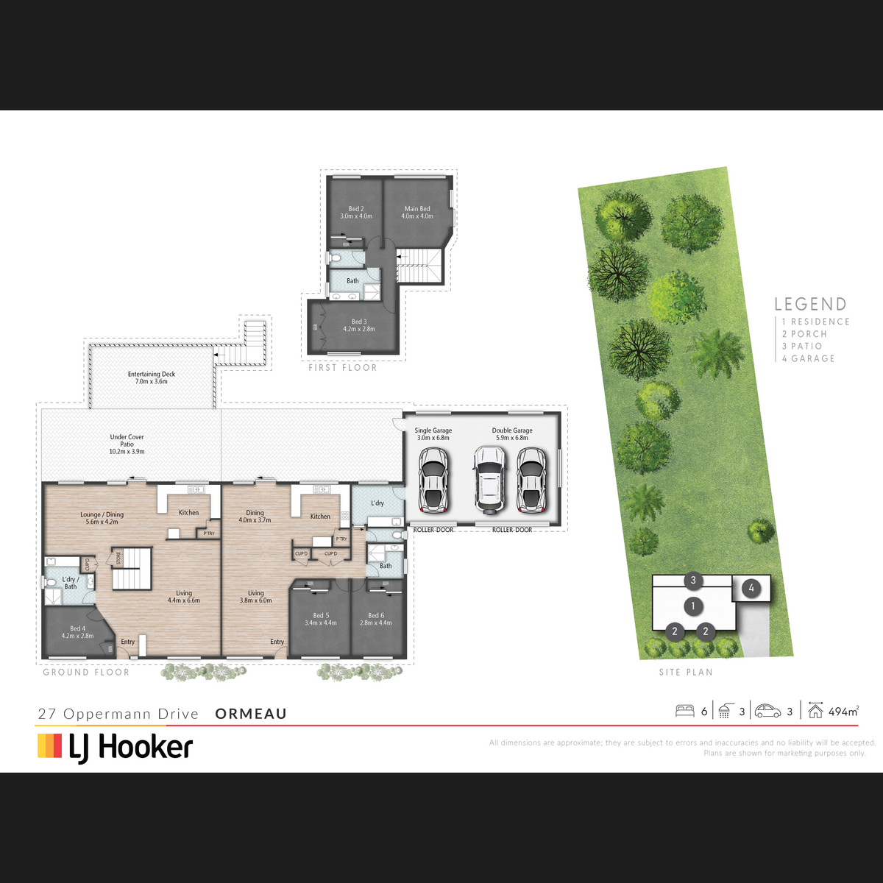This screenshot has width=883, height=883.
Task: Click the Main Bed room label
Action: point(417,213)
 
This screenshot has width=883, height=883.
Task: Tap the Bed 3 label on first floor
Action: point(359,325)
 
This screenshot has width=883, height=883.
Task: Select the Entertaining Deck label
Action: point(152,377)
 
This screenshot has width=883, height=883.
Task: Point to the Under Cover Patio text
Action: point(127,444)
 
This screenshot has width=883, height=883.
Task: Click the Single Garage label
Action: point(433,434)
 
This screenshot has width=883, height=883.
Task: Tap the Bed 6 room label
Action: point(376,619)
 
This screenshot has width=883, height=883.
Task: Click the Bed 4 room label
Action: point(77,632)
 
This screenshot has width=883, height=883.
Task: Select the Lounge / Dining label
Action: point(102,518)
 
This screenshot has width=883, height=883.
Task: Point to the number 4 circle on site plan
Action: point(751,588)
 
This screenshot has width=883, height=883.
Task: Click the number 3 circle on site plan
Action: point(693,581)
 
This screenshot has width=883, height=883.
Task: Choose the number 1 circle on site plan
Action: point(692,606)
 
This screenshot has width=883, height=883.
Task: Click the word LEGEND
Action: point(810,304)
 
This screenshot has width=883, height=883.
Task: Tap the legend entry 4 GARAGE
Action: point(808,358)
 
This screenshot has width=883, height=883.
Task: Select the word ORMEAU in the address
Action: point(251,714)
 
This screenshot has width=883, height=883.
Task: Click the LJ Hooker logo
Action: point(116,747)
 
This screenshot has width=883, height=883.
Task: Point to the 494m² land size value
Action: point(843,712)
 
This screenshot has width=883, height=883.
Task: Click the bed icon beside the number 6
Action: point(684,711)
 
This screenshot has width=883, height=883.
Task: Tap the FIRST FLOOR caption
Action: point(342,367)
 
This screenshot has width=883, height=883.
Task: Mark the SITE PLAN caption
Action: point(686,672)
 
